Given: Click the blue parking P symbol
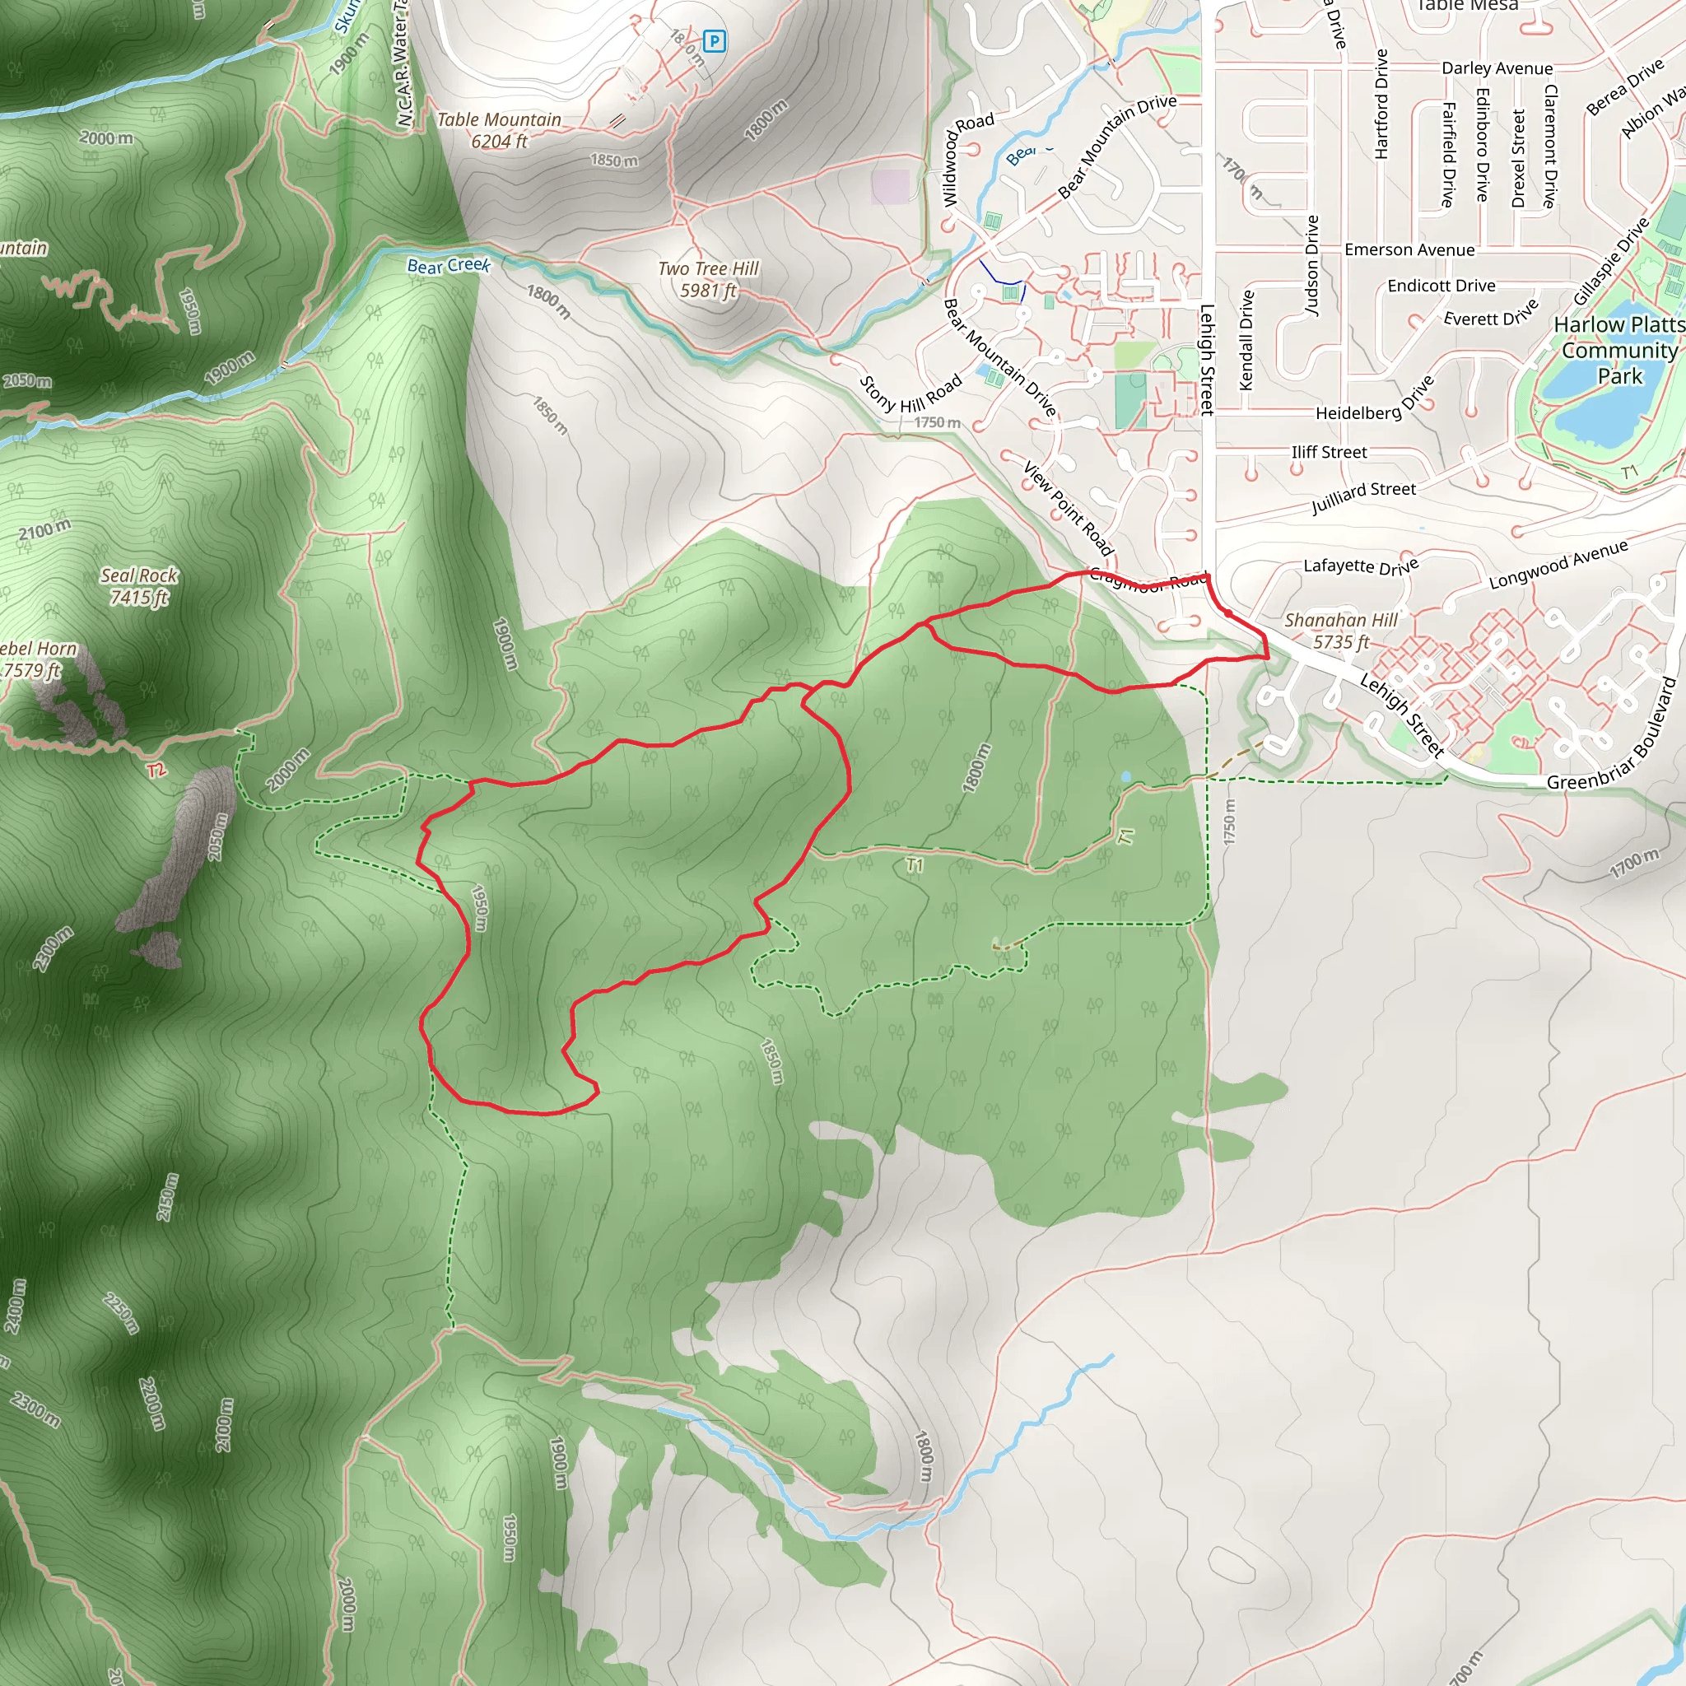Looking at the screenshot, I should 714,40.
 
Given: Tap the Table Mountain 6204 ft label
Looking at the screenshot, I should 499,130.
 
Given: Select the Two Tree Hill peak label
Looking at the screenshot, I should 709,279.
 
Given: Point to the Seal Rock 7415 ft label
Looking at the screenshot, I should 139,586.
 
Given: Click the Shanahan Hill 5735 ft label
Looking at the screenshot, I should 1341,631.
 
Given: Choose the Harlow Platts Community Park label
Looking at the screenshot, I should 1619,350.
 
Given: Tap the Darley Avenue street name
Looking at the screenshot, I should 1497,68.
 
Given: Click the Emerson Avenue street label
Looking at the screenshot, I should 1409,250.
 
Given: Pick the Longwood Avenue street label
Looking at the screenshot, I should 1558,564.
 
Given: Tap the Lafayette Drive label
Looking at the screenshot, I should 1361,566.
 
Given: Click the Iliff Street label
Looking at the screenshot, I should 1329,452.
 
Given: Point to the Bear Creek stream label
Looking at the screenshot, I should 449,265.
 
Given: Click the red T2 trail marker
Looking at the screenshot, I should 156,770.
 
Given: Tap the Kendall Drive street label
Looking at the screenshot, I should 1247,340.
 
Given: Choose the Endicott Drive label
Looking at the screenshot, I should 1441,286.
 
